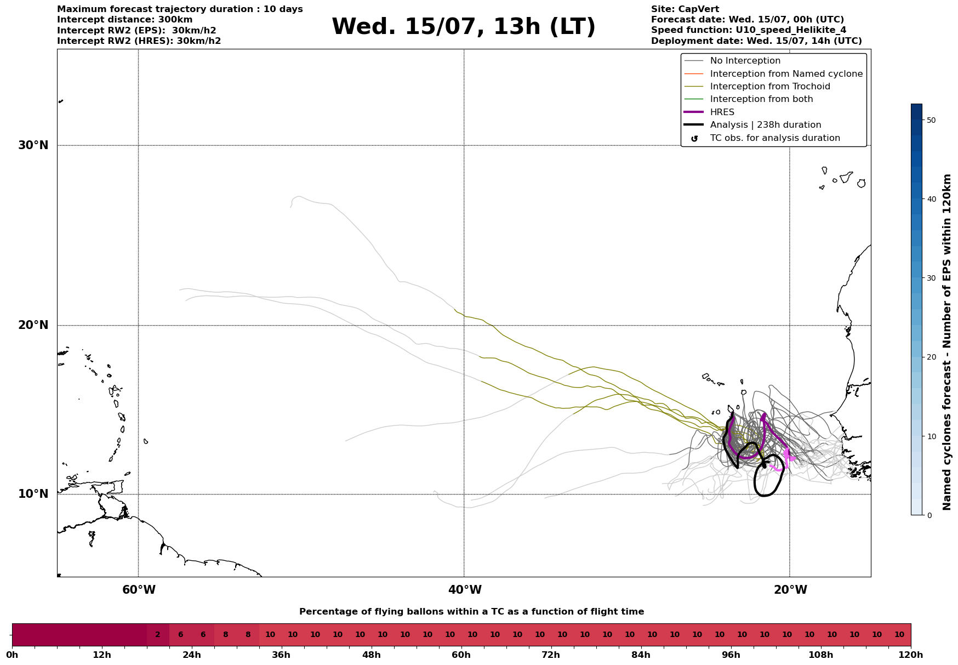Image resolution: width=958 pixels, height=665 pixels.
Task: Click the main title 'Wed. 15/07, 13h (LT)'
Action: pos(463,27)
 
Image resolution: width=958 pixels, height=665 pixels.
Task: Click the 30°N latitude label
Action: pos(33,145)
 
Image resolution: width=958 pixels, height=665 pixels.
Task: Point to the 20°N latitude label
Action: pos(33,325)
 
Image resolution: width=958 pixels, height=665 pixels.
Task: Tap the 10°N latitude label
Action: pos(33,494)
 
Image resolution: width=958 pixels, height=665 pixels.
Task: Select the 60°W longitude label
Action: pos(139,590)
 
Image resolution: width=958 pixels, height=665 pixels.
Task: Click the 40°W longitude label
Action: pos(465,590)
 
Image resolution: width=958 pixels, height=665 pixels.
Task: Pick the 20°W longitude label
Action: pos(790,590)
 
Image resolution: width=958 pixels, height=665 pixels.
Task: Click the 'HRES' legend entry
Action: pos(722,112)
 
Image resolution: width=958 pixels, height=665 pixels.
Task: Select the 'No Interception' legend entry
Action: pos(745,61)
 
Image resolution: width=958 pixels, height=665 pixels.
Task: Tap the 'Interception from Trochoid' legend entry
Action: pos(770,87)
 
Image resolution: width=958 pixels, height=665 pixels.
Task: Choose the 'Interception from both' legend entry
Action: pos(762,99)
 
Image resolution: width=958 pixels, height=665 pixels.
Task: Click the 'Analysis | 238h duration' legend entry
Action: pos(766,125)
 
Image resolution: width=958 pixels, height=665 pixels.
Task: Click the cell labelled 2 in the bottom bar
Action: pos(158,635)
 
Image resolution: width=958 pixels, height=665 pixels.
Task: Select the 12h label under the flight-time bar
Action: pos(102,655)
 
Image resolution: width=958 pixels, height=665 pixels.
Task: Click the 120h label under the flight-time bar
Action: pos(910,655)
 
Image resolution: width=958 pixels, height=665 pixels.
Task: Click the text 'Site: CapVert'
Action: pos(685,9)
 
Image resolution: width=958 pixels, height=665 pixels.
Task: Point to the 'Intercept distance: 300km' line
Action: pos(125,20)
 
